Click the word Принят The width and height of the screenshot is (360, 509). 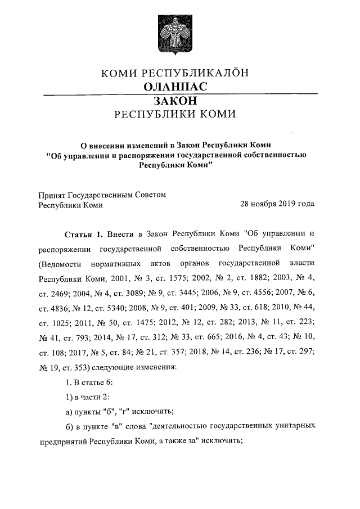click(x=51, y=195)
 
